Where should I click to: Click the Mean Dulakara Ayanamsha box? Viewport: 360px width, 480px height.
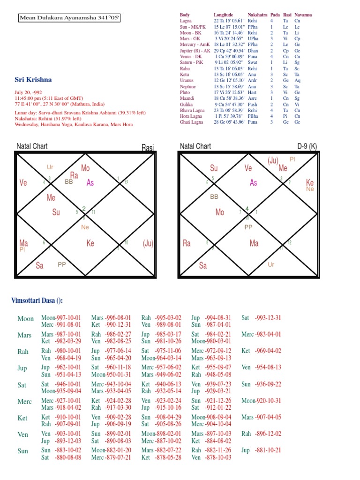coord(70,18)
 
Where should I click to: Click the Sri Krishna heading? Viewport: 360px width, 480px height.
coord(33,80)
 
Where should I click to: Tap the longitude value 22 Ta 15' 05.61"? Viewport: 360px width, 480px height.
coord(230,21)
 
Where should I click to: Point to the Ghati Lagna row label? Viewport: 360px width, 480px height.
coord(193,122)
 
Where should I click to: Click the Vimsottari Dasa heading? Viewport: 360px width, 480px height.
coord(37,300)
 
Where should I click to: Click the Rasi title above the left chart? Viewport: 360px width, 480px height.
coord(147,149)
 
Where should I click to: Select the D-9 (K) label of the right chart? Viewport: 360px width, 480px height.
coord(307,146)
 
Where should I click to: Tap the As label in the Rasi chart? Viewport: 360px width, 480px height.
coord(90,183)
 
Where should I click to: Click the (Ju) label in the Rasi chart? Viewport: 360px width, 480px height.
coord(148,243)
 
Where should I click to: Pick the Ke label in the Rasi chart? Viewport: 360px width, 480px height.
coord(90,243)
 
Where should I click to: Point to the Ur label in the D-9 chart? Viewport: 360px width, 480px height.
coord(270,264)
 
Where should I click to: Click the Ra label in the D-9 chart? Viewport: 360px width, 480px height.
coord(187,243)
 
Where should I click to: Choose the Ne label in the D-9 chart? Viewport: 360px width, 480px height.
coord(310,189)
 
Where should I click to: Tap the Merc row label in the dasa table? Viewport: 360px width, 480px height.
coord(24,402)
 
